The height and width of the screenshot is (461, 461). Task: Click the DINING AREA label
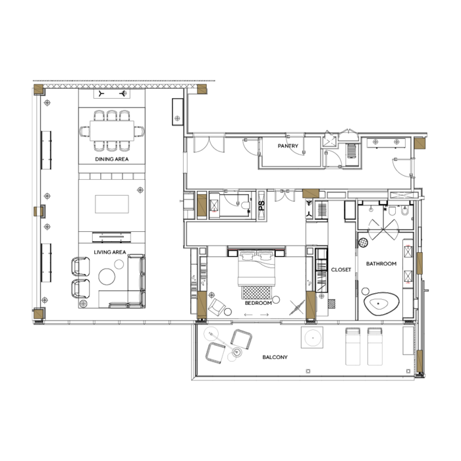[x=112, y=159]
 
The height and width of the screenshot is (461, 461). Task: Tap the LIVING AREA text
[x=110, y=252]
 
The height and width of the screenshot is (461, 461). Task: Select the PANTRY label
[x=288, y=146]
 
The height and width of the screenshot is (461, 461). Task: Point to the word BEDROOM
[x=258, y=303]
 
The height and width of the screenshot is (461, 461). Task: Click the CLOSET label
[x=341, y=269]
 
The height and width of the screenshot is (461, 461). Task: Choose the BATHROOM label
[x=381, y=263]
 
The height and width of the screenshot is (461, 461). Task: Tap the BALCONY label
[x=275, y=357]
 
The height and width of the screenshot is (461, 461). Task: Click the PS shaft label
[x=261, y=205]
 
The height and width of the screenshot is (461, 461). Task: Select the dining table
[x=112, y=131]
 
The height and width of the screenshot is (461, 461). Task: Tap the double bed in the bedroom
[x=256, y=267]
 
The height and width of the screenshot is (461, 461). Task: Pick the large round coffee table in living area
[x=107, y=277]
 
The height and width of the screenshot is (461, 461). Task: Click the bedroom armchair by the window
[x=217, y=307]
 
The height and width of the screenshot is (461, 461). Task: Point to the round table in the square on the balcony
[x=313, y=337]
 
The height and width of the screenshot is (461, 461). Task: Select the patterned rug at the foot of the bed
[x=256, y=293]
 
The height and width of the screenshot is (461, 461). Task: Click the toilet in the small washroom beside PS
[x=246, y=205]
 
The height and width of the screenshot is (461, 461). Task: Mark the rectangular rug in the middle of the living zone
[x=112, y=204]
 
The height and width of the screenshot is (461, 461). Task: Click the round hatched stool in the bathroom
[x=363, y=242]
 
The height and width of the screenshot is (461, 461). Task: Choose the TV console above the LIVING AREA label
[x=111, y=237]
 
